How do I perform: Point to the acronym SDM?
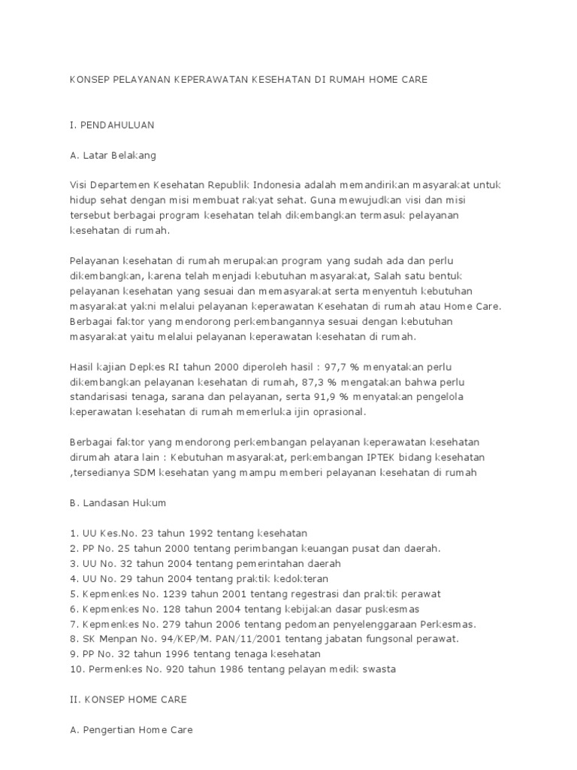click(x=137, y=472)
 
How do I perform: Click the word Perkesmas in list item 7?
click(x=449, y=623)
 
